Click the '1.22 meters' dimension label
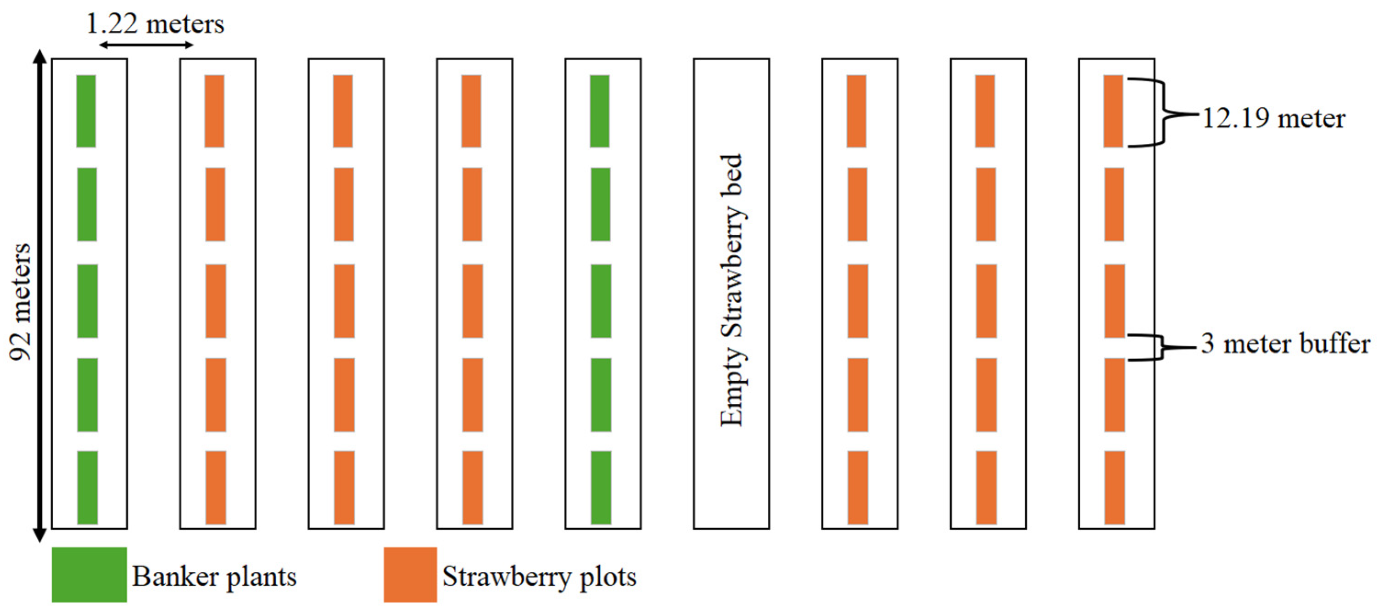click(155, 24)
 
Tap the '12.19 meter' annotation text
click(1273, 118)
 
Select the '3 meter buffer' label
click(1285, 344)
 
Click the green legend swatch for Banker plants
click(89, 574)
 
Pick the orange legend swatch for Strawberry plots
click(410, 574)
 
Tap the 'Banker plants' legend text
click(214, 576)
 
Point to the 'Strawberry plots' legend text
click(539, 576)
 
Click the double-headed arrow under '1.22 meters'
click(146, 45)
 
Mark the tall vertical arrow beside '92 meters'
click(39, 296)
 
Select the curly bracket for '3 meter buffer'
click(1155, 347)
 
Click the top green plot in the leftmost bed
click(86, 111)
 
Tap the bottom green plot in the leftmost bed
click(87, 487)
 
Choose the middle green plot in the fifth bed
click(601, 300)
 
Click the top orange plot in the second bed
click(214, 111)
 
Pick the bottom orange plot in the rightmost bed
click(1114, 487)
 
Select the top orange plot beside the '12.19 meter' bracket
click(1113, 111)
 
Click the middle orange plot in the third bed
click(344, 300)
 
